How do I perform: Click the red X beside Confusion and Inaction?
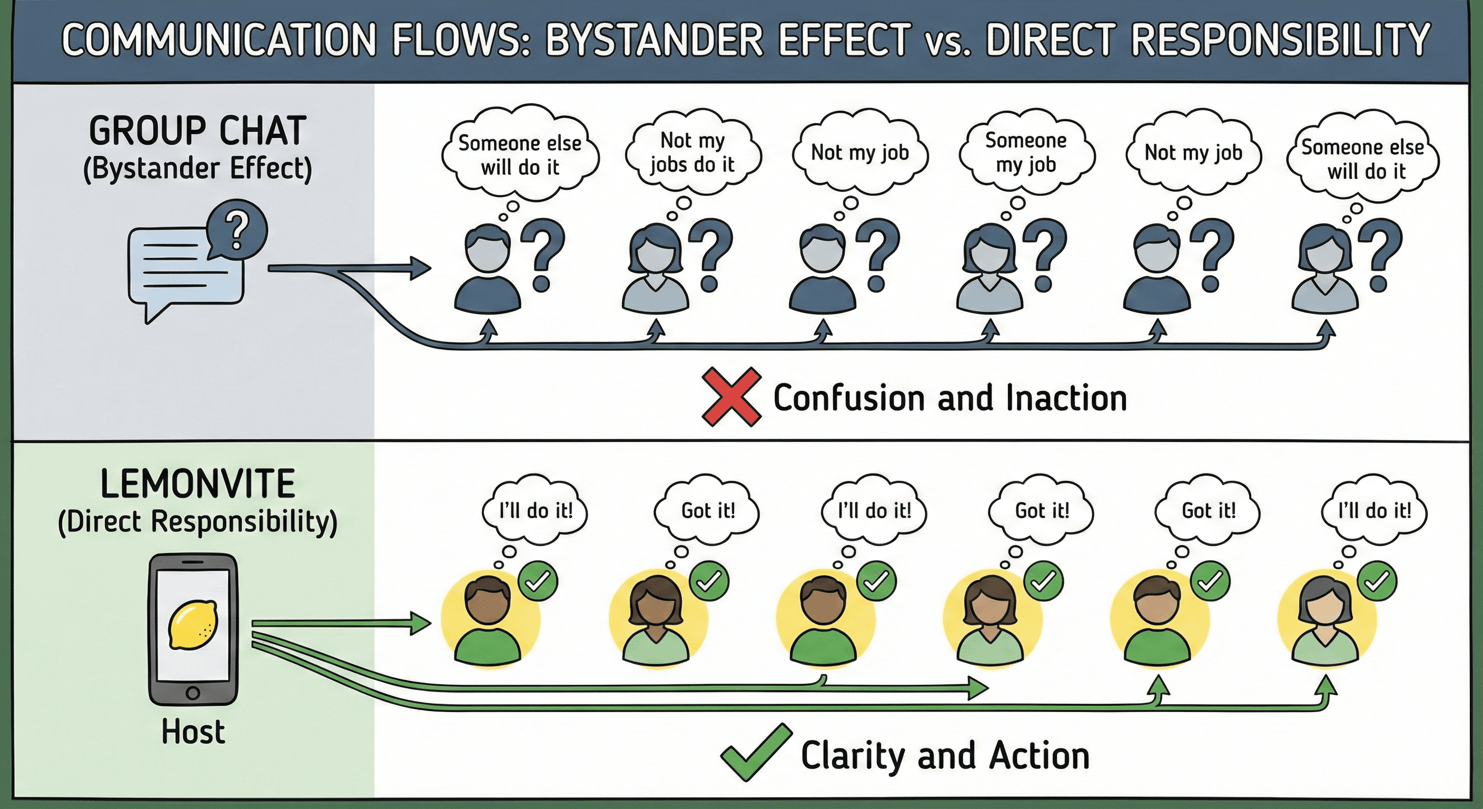pyautogui.click(x=730, y=397)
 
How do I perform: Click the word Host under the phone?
pyautogui.click(x=193, y=732)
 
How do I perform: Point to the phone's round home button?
pyautogui.click(x=193, y=693)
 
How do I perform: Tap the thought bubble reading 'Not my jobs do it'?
pyautogui.click(x=693, y=153)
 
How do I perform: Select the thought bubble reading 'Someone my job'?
pyautogui.click(x=1025, y=153)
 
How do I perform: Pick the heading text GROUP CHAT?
pyautogui.click(x=197, y=131)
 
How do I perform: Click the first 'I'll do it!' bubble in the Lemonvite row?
pyautogui.click(x=536, y=510)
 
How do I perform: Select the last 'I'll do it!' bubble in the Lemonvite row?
pyautogui.click(x=1374, y=510)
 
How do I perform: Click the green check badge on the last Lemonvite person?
pyautogui.click(x=1377, y=581)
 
